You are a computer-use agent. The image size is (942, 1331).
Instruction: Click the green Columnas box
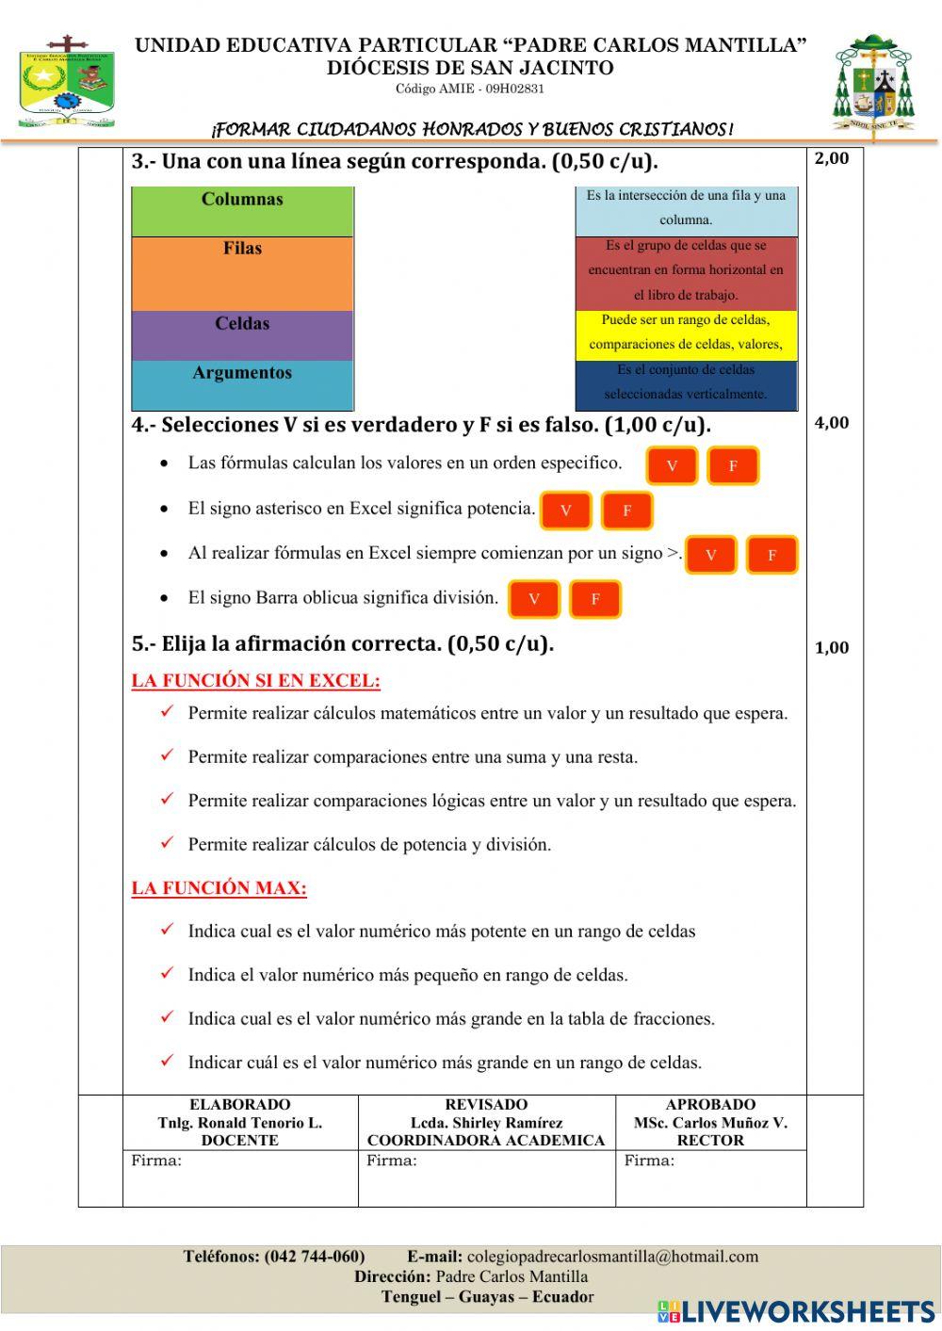242,211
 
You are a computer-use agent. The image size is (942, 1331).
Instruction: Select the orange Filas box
242,273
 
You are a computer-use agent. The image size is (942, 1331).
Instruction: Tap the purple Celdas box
242,335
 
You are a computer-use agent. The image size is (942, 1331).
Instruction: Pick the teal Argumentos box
242,384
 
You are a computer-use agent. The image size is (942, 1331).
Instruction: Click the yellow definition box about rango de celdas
686,333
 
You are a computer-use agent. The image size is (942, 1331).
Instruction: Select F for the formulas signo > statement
771,555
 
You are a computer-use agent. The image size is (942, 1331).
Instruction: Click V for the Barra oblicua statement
534,599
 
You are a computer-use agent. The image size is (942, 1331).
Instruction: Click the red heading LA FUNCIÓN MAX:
219,888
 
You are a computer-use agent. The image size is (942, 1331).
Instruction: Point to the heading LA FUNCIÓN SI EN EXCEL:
255,681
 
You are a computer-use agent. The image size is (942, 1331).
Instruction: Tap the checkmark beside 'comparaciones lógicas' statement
167,800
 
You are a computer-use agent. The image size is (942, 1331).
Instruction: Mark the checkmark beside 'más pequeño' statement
167,974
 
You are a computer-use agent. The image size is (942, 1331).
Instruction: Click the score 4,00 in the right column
832,423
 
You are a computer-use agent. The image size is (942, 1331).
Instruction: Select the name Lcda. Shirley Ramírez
486,1123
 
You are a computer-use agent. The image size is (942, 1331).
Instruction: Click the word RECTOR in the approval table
710,1141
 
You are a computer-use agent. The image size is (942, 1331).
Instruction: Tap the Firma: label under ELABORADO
156,1161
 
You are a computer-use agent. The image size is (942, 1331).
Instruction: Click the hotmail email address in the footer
612,1257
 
